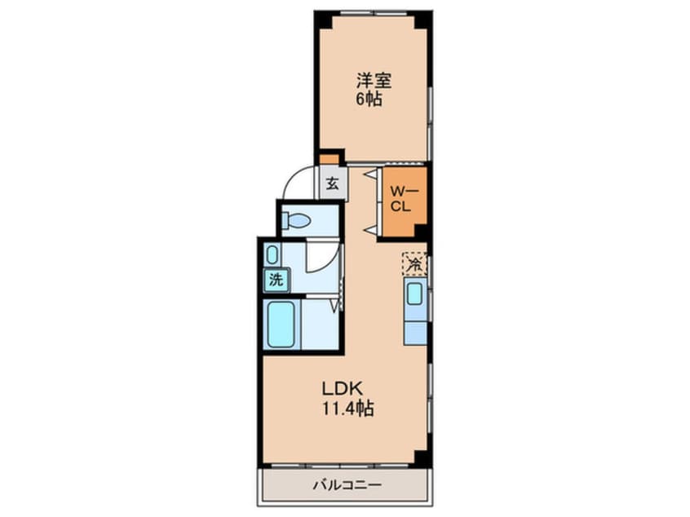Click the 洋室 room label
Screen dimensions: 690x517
(374, 81)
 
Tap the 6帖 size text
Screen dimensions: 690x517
(369, 99)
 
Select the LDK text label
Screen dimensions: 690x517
(343, 388)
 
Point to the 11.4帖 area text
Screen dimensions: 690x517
(348, 409)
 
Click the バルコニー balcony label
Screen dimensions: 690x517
(347, 485)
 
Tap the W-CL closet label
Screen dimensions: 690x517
(402, 199)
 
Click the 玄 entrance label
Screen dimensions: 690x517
(332, 183)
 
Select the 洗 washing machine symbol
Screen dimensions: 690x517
(276, 280)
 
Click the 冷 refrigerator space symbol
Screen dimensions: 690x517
(414, 264)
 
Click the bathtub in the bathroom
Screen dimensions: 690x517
(281, 325)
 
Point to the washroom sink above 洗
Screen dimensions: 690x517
(272, 255)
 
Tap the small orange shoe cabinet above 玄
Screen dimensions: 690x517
(329, 158)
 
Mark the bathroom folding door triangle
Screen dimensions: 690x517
(336, 305)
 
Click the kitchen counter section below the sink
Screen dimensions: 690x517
(415, 333)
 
